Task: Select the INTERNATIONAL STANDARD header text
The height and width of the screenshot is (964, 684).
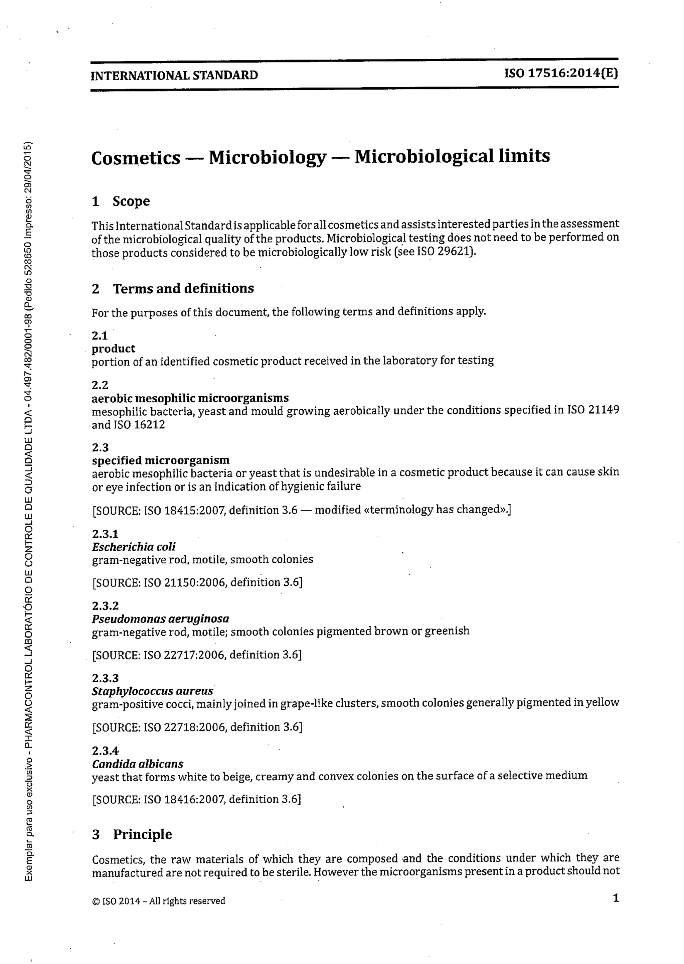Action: click(x=174, y=76)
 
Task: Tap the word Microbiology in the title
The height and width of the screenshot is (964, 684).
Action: click(x=268, y=158)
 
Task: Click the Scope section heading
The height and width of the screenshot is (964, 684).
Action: click(x=131, y=201)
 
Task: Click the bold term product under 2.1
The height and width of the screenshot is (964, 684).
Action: click(x=113, y=349)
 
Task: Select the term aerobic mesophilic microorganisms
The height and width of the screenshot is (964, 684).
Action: click(x=190, y=398)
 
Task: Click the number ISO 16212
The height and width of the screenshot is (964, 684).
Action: click(x=139, y=424)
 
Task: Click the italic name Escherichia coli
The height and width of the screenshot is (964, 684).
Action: click(x=134, y=547)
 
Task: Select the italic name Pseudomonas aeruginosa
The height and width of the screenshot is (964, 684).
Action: click(x=160, y=619)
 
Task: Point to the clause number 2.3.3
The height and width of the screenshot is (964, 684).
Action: click(x=105, y=678)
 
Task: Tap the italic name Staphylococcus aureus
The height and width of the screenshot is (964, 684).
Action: click(x=153, y=691)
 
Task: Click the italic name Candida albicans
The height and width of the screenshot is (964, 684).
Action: click(x=137, y=764)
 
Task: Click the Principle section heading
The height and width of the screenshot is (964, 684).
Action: click(x=142, y=834)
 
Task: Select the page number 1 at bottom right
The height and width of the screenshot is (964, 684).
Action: click(x=616, y=898)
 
